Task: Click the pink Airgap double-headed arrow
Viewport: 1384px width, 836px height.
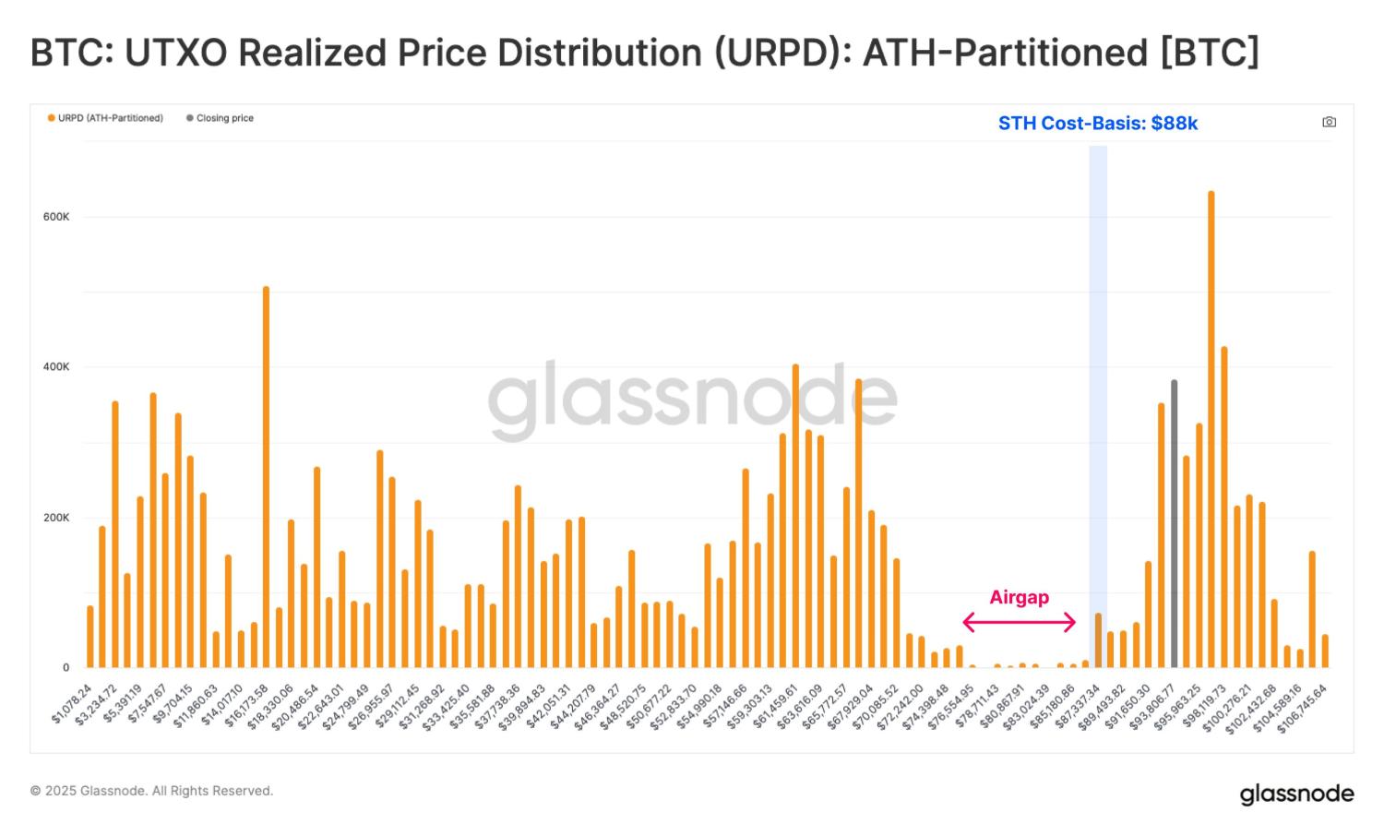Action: (x=1020, y=622)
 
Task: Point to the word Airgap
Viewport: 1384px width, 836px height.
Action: (x=1020, y=597)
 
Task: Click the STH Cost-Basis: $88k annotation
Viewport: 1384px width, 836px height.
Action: (x=1098, y=124)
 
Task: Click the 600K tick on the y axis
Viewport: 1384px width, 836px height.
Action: (x=56, y=217)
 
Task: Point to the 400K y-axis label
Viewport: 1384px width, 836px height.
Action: (x=56, y=367)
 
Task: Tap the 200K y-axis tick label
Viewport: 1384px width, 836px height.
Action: (x=56, y=518)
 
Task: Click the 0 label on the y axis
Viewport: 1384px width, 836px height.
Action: (x=66, y=668)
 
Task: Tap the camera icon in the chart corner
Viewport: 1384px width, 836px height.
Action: (x=1329, y=122)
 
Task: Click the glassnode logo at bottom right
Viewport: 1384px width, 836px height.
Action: (x=1296, y=794)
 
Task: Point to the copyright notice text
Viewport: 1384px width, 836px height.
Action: (x=151, y=791)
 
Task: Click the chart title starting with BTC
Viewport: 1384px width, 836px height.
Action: (x=644, y=53)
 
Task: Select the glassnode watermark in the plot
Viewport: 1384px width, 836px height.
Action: (x=692, y=400)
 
